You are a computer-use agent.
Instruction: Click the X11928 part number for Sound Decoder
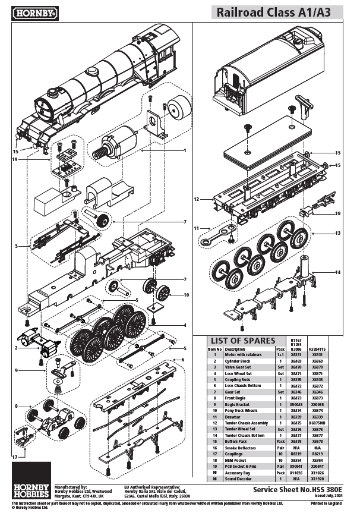[317, 479]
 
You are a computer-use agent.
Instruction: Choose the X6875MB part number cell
[317, 423]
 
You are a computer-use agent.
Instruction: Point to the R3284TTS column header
[317, 349]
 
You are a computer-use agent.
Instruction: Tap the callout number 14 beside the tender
[337, 272]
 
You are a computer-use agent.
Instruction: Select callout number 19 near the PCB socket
[15, 159]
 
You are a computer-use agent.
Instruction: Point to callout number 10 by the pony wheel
[186, 294]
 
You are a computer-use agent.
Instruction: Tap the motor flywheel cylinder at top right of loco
[176, 111]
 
